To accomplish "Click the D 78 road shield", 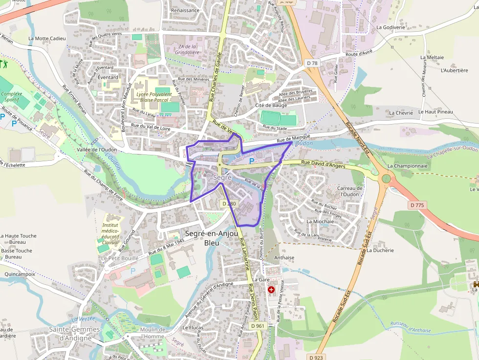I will pyautogui.click(x=313, y=63).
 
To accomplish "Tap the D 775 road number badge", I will pyautogui.click(x=417, y=205).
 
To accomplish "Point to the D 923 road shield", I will pyautogui.click(x=317, y=357).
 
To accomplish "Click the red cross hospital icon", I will pyautogui.click(x=271, y=290).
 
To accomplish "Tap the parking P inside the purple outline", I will pyautogui.click(x=252, y=161).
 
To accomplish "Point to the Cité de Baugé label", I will pyautogui.click(x=271, y=105).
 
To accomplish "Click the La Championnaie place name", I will pyautogui.click(x=407, y=166).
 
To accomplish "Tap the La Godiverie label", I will pyautogui.click(x=391, y=27).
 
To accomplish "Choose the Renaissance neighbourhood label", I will pyautogui.click(x=185, y=10).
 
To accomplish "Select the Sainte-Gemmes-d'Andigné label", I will pyautogui.click(x=75, y=333).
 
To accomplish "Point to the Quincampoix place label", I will pyautogui.click(x=20, y=274).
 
